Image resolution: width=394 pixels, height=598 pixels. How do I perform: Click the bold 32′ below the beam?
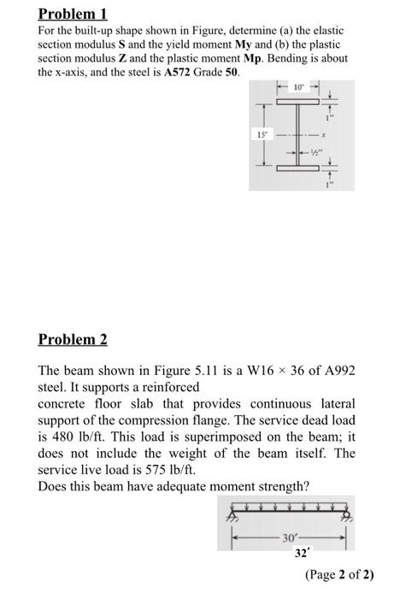tap(301, 554)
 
